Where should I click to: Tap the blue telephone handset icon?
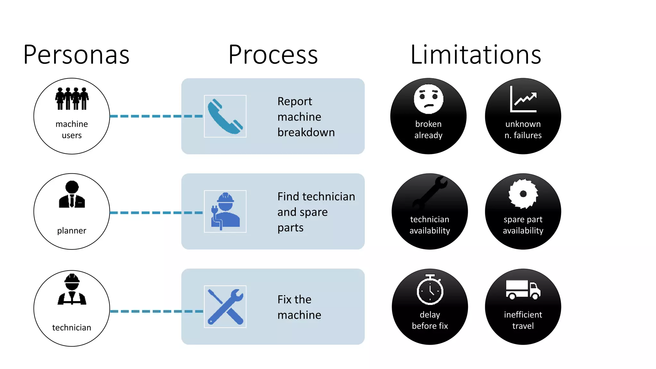coord(225,116)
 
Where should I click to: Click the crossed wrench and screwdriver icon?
coord(225,307)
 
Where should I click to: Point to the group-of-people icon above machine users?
coord(72,99)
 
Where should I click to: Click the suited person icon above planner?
coord(72,194)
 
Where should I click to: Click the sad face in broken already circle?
coord(428,99)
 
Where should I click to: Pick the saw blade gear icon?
coord(523,193)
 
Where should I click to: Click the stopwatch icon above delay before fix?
coord(430,290)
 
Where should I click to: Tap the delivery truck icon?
coord(523,290)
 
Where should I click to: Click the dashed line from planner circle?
coord(156,213)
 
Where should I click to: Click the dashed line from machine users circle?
coord(156,116)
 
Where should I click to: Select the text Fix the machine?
coord(299,307)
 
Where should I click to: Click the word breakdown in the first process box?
coord(306,132)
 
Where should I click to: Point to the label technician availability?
coord(430,225)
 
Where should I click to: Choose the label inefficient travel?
coord(523,320)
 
